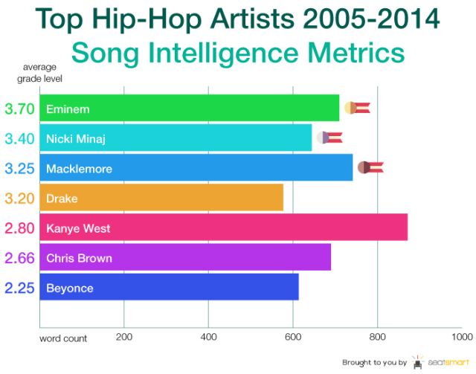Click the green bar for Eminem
pos(190,109)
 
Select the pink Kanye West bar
pos(223,228)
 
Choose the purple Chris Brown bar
pos(185,258)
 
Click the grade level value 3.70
pos(19,109)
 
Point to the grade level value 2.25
pos(19,288)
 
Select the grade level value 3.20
pos(19,199)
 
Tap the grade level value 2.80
pos(19,228)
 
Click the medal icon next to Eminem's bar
pos(356,109)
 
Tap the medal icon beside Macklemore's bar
pos(370,167)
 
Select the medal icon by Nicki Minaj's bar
pos(329,137)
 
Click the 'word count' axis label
pos(63,338)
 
